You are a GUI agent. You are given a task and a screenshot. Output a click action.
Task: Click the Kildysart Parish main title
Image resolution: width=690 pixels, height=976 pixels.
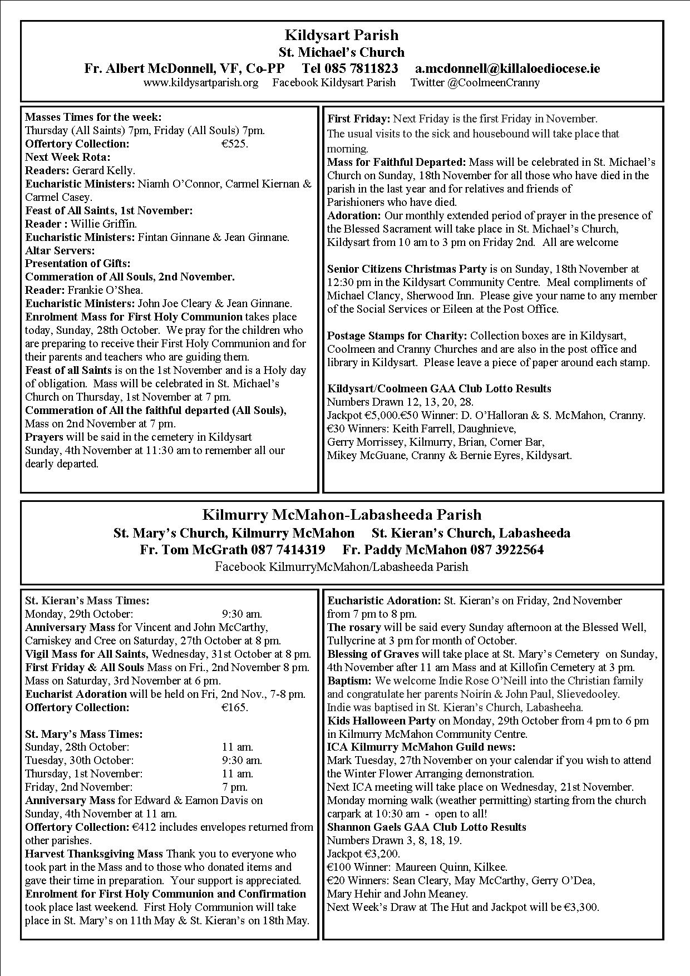click(x=341, y=36)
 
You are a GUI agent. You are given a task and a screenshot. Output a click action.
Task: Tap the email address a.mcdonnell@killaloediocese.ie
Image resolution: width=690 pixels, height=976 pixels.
click(x=507, y=68)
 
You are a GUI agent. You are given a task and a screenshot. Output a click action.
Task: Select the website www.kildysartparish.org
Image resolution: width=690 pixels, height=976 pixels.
click(x=200, y=83)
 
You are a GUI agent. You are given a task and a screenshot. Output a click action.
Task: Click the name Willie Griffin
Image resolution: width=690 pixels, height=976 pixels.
click(x=103, y=224)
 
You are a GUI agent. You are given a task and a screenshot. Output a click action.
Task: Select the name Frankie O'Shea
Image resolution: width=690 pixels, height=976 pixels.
click(x=105, y=290)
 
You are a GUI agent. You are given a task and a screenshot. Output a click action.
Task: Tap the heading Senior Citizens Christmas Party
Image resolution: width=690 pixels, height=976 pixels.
click(x=407, y=269)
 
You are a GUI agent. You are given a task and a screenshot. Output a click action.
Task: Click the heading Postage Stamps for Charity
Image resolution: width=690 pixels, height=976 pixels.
click(x=397, y=336)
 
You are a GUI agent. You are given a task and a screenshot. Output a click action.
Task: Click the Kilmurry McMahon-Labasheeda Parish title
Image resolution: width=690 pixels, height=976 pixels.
click(x=342, y=514)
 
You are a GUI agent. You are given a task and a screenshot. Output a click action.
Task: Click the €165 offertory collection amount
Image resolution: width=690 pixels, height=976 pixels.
click(x=234, y=708)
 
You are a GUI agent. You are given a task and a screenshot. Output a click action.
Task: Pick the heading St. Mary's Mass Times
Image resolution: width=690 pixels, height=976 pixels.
click(x=83, y=734)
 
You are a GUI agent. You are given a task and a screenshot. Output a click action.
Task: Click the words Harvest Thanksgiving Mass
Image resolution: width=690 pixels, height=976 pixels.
click(x=94, y=854)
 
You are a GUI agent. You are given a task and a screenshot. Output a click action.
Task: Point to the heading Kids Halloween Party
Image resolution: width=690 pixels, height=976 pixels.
click(x=381, y=721)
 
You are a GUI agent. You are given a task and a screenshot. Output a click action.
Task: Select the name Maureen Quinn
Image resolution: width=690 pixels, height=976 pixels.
click(x=423, y=867)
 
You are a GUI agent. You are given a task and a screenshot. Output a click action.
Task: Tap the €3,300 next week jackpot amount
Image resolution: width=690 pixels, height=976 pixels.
click(x=580, y=907)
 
